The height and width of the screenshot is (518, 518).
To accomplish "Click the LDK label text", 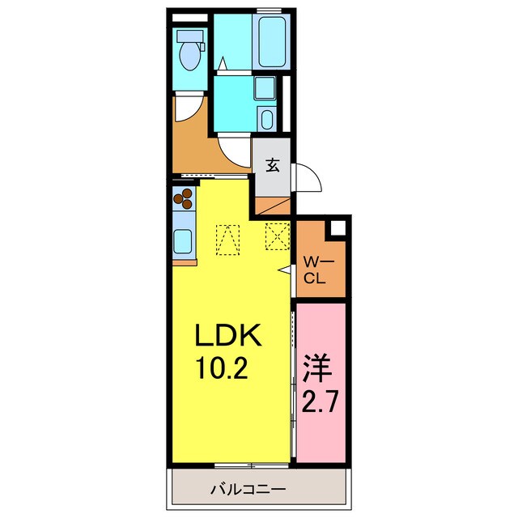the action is point(228,334).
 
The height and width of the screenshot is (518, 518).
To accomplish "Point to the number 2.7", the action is point(320,401).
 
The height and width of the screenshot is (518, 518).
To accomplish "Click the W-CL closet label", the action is point(318,271).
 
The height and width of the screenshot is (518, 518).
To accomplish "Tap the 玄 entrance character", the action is point(273,165).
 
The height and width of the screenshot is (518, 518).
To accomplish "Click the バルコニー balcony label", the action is point(248,489).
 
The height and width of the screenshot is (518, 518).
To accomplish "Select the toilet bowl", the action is point(189,56).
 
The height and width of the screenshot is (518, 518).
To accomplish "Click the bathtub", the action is point(272,42).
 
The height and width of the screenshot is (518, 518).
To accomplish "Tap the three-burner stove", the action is point(183,198).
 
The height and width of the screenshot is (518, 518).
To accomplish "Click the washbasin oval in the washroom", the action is point(266,120).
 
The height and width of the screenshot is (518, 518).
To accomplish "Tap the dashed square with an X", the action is point(278,236).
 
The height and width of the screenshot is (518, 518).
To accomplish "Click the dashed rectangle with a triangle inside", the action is point(227,240).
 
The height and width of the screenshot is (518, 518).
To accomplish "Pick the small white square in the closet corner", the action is point(338,227).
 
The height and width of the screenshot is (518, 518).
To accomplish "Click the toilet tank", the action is point(190,36).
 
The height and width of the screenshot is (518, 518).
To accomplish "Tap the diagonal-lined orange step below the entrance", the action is point(273,206).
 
